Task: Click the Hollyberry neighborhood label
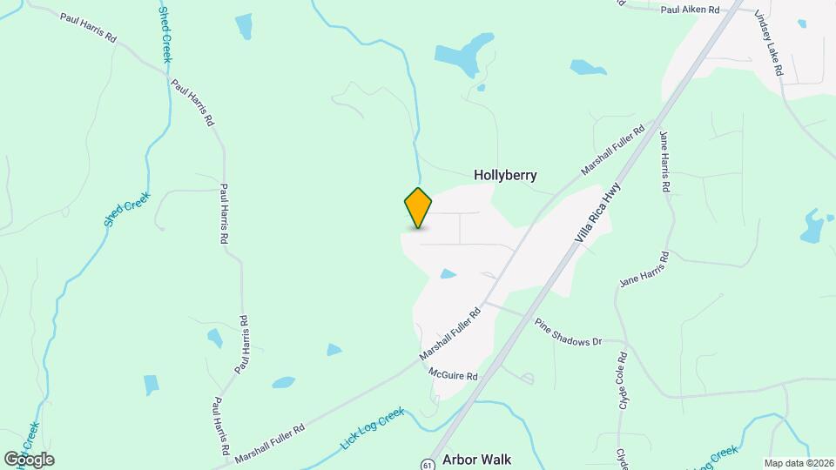pyautogui.click(x=505, y=175)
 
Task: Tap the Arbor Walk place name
pyautogui.click(x=476, y=459)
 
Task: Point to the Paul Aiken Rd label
pyautogui.click(x=690, y=10)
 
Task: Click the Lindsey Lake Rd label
pyautogui.click(x=771, y=45)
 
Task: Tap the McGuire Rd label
pyautogui.click(x=454, y=374)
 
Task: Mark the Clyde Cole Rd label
pyautogui.click(x=624, y=381)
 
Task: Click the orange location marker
pyautogui.click(x=419, y=207)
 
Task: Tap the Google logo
pyautogui.click(x=29, y=459)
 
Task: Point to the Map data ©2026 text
pyautogui.click(x=798, y=462)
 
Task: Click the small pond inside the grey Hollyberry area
pyautogui.click(x=448, y=274)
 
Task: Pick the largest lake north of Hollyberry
pyautogui.click(x=462, y=55)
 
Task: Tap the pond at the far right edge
pyautogui.click(x=812, y=225)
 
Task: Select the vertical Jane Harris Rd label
pyautogui.click(x=664, y=162)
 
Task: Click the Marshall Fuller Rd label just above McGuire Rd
pyautogui.click(x=450, y=335)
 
